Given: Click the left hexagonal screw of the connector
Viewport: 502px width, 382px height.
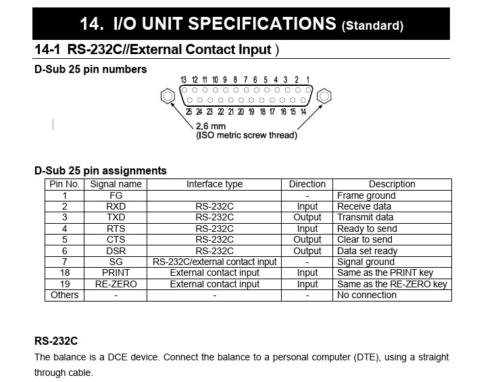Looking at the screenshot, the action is (x=167, y=96).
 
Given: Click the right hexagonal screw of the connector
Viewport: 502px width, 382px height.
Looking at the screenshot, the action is (x=324, y=96).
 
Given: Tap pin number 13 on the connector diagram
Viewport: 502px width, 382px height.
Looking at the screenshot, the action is (x=184, y=80).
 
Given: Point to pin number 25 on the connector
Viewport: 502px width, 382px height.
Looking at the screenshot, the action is (x=189, y=112).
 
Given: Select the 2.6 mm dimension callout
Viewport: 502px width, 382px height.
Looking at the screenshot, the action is (x=211, y=126).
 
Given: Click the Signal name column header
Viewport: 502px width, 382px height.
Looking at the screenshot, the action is (x=116, y=184).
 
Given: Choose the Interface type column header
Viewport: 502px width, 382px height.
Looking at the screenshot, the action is (x=214, y=184).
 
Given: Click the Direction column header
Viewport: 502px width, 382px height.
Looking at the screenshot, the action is (x=307, y=184).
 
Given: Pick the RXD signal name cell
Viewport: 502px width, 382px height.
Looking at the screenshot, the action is (x=116, y=206).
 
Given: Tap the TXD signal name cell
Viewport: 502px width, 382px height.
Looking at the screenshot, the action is (x=116, y=218).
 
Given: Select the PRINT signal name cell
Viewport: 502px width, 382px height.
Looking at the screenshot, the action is (x=116, y=273).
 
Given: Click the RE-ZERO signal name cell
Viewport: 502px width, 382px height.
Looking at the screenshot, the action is (x=116, y=284).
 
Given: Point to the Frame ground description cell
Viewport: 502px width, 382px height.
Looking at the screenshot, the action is (x=366, y=195).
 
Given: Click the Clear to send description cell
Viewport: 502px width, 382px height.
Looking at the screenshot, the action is (x=364, y=239).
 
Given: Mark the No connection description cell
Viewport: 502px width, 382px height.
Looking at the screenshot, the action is (x=367, y=295).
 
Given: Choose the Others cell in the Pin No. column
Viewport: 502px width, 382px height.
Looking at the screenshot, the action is (x=65, y=295).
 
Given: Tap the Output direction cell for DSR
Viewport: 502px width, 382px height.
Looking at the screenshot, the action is (x=307, y=251).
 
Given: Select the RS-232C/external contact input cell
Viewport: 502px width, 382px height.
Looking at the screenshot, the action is (x=214, y=262).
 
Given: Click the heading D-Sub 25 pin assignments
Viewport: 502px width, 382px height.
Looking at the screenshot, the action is (x=101, y=170).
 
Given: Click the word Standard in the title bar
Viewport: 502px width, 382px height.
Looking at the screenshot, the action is (x=372, y=26).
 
